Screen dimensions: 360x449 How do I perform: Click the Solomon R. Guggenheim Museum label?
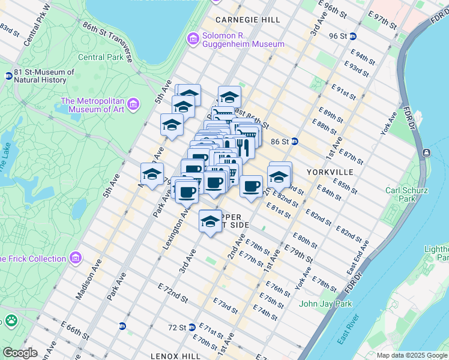coord(243,40)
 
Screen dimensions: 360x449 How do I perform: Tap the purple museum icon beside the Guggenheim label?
coord(193,39)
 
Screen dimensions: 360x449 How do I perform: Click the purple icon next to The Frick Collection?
coord(75,259)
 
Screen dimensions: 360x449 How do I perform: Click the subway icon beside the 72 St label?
coord(191,328)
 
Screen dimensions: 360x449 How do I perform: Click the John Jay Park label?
coord(325,304)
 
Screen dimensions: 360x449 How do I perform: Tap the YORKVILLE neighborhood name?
coord(325,172)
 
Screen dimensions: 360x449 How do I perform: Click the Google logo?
coord(19,353)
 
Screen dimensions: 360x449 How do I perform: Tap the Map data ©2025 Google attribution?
coord(412,355)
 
